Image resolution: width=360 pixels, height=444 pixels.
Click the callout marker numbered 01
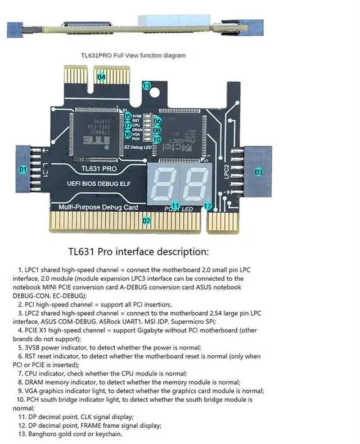(x=23, y=169)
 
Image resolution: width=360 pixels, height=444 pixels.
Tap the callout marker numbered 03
(x=259, y=172)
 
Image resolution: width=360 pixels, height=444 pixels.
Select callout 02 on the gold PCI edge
(x=146, y=221)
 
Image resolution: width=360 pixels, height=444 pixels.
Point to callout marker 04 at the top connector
(x=101, y=77)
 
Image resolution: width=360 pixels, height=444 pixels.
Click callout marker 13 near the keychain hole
(x=146, y=86)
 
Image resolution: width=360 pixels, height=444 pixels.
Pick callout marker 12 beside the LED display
(x=208, y=206)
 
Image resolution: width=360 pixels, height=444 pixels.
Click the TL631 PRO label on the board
(x=98, y=168)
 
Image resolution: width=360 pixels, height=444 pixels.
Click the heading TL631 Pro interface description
(x=138, y=251)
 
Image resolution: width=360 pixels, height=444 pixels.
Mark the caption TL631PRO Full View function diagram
(x=133, y=55)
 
